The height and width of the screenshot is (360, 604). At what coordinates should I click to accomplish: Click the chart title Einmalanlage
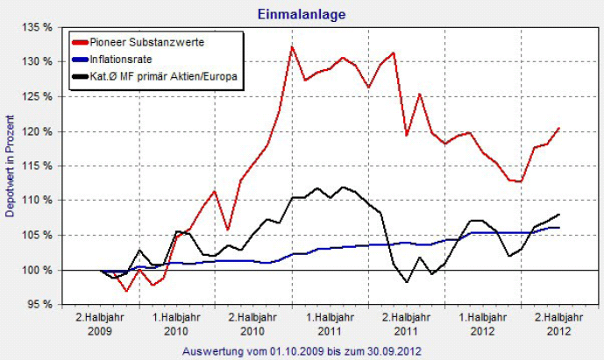302,14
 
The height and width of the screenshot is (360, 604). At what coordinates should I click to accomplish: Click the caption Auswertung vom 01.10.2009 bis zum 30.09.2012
302,350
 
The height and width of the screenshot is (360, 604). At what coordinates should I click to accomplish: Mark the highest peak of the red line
291,46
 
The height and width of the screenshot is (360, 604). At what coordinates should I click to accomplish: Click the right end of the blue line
558,228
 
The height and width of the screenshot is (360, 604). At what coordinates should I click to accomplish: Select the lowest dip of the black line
407,282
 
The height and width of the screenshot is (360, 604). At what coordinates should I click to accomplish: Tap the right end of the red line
558,129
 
